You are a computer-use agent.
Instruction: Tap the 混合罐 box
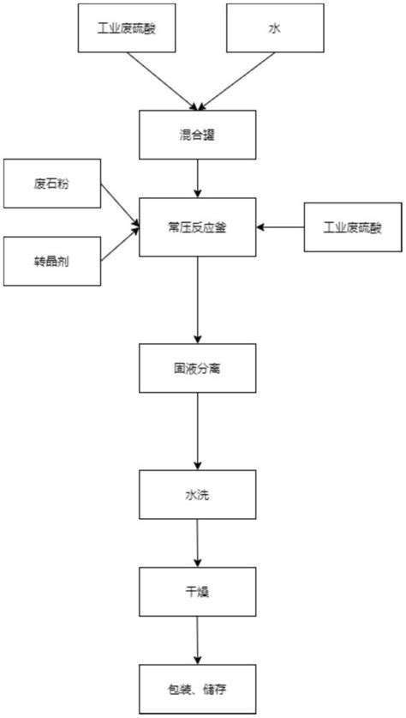coord(198,133)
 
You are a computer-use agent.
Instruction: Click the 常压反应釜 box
coord(198,227)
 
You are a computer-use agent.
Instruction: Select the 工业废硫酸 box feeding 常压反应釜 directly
coord(352,227)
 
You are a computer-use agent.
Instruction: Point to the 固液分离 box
coord(198,370)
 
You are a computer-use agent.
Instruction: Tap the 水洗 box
coord(198,496)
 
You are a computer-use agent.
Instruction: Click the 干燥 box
coord(198,592)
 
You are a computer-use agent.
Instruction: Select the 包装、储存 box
coord(198,688)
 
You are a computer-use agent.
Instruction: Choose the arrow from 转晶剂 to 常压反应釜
coord(120,244)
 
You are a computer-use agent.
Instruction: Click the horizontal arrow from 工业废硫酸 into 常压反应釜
coord(283,227)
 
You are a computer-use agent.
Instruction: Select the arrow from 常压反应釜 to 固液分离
coord(198,300)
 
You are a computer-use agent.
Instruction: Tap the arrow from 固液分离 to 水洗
coord(198,433)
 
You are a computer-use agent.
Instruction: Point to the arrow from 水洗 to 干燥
coord(198,545)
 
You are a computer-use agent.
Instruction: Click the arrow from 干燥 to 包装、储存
coord(198,640)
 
